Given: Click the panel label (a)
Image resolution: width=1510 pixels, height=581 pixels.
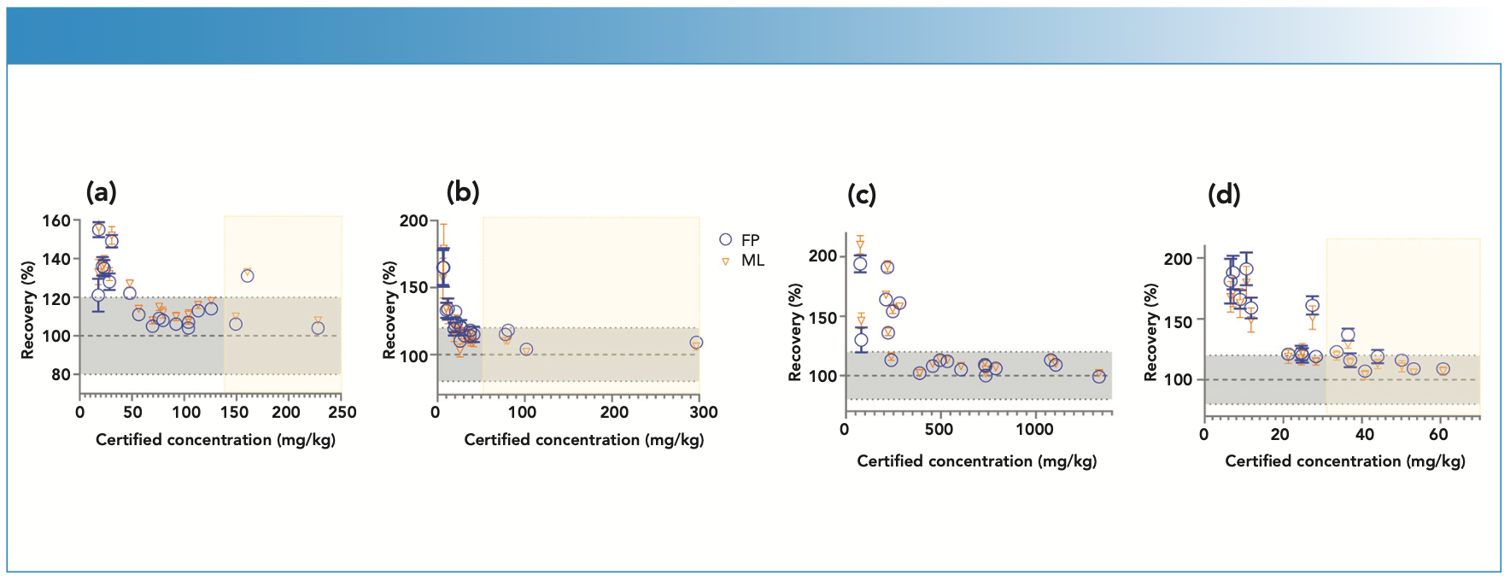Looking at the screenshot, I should [101, 192].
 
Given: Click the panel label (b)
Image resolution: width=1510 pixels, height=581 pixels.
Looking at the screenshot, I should [463, 192].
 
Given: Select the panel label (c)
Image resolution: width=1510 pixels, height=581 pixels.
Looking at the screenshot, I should [861, 195].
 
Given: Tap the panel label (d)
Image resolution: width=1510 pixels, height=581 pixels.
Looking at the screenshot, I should [1223, 195].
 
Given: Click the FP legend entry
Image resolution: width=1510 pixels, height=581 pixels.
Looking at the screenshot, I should [740, 240].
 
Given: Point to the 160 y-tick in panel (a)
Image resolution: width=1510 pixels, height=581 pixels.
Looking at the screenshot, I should [56, 220].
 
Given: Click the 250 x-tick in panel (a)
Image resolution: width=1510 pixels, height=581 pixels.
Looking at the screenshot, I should [342, 412].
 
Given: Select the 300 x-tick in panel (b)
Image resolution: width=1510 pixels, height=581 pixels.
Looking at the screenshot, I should [703, 412].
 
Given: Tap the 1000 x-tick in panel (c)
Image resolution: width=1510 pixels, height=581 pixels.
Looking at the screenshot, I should [1034, 430].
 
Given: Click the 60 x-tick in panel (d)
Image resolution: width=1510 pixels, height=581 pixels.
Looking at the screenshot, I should [1438, 434].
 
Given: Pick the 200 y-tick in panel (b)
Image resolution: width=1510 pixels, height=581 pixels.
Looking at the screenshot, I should [414, 220].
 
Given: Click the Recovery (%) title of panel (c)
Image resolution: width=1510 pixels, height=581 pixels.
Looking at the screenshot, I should [795, 333].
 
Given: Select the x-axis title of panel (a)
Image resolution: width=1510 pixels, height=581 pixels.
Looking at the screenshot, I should [215, 440].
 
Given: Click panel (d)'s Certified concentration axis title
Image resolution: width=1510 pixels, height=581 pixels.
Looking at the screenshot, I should [1344, 461].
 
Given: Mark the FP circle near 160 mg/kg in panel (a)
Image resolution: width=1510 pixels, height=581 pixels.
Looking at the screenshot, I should [248, 276].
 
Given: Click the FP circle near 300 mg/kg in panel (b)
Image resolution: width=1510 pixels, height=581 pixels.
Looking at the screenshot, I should [696, 343].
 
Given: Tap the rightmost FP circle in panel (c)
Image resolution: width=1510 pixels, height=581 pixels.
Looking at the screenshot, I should [1098, 376].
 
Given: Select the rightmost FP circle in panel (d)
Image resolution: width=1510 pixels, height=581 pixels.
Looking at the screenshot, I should [1443, 369].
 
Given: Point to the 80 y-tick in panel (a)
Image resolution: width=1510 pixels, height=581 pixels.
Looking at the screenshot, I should [61, 374].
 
